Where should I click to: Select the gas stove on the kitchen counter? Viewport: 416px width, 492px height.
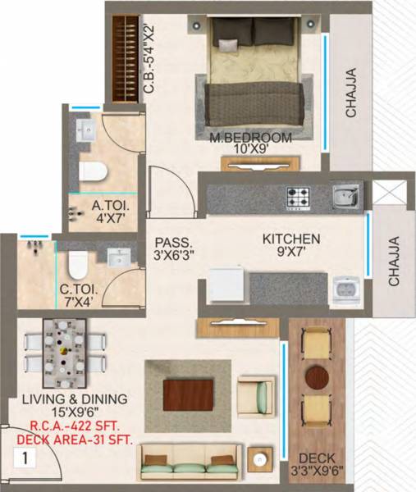296,198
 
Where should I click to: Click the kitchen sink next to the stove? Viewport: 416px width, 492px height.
344,196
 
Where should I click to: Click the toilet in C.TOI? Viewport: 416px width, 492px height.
78,264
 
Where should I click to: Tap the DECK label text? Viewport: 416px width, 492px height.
318,458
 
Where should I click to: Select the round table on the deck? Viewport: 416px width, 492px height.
317,376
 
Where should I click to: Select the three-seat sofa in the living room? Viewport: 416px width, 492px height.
190,462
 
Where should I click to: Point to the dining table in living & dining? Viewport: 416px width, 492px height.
64,353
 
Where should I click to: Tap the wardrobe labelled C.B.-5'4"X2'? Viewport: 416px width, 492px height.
126,57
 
